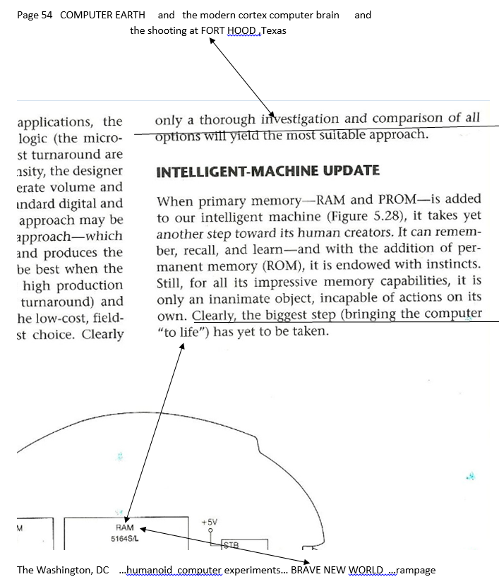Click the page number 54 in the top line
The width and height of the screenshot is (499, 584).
(x=47, y=15)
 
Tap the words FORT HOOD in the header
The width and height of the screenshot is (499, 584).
(x=233, y=31)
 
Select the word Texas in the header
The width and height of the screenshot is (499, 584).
(x=273, y=31)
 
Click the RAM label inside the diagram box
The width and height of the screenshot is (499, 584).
(x=124, y=528)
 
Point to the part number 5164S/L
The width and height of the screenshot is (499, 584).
(x=124, y=537)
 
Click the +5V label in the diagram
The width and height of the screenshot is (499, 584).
(x=209, y=521)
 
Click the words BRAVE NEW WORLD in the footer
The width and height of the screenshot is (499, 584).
(x=337, y=570)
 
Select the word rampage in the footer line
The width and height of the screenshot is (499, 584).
(x=416, y=570)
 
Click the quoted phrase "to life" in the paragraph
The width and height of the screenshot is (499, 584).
(x=179, y=330)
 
